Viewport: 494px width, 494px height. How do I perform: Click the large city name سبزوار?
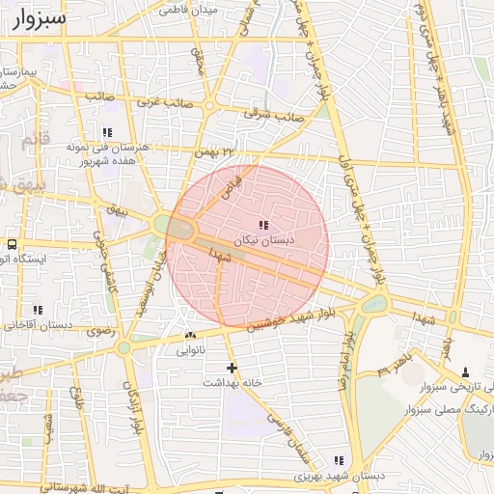(34, 17)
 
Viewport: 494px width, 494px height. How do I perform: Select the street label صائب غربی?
(160, 101)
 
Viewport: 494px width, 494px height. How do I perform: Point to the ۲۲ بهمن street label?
(214, 152)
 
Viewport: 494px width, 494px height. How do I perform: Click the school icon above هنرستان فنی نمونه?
(106, 132)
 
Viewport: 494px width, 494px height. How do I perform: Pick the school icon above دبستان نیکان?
(264, 225)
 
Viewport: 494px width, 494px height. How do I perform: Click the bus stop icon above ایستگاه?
(12, 245)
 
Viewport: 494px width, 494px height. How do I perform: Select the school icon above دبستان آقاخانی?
(39, 310)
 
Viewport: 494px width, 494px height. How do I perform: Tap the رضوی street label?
(100, 330)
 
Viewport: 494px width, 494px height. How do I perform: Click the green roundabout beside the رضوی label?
(123, 347)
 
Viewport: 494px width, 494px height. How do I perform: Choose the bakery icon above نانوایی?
(189, 336)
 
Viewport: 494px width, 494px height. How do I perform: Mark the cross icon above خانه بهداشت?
(232, 368)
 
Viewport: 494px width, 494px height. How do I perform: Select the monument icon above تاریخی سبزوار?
(465, 372)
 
